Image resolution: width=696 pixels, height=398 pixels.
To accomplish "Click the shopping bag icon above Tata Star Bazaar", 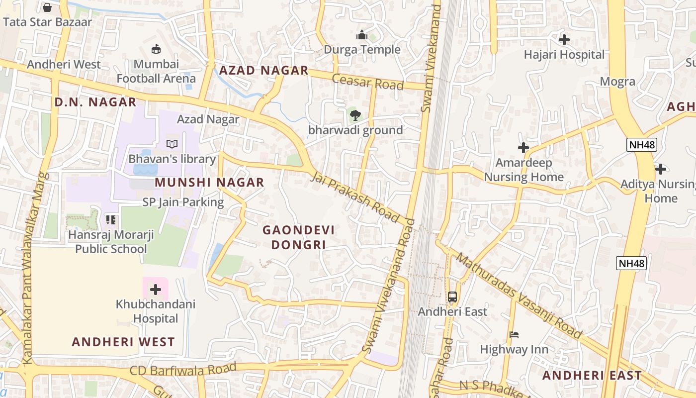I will point(47,7).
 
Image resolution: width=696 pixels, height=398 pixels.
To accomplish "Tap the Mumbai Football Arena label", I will point(156,71).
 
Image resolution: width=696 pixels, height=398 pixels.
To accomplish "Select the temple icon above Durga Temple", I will point(361,35).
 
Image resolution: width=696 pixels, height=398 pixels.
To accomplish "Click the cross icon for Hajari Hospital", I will point(564,40).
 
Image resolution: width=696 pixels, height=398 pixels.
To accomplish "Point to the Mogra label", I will point(617,82).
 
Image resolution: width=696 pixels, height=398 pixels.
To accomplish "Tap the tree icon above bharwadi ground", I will point(355,116).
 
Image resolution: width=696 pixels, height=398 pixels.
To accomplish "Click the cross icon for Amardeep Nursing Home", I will point(523,148).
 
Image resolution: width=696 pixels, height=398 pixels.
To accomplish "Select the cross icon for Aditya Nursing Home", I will point(660,169).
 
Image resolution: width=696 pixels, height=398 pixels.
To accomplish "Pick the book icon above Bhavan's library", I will point(172,144).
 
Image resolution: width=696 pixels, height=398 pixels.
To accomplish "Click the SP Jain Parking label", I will point(183,202).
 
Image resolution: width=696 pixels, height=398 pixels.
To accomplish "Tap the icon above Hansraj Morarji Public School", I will point(110,219).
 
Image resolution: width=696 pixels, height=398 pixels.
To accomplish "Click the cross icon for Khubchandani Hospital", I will point(156,289).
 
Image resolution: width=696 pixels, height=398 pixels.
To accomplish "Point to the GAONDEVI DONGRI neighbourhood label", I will point(298,237).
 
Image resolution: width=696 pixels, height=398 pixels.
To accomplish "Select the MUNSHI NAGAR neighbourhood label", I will point(209,183).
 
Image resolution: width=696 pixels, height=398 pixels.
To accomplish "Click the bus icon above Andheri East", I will point(452,297).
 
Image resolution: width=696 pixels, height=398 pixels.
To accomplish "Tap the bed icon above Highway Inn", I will point(514,335).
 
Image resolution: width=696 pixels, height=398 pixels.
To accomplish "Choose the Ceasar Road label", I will point(367,82).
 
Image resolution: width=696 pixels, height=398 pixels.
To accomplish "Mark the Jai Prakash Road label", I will point(355,197).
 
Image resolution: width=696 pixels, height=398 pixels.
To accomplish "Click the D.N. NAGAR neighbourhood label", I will point(95,102).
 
